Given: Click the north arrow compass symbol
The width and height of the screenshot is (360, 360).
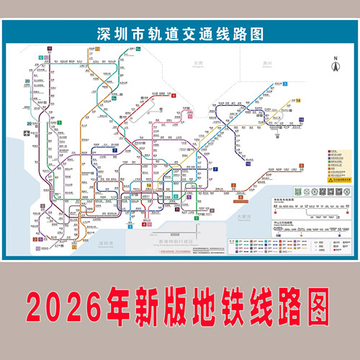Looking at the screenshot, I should [333, 64].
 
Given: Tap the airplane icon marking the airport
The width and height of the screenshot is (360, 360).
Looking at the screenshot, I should [27, 133].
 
